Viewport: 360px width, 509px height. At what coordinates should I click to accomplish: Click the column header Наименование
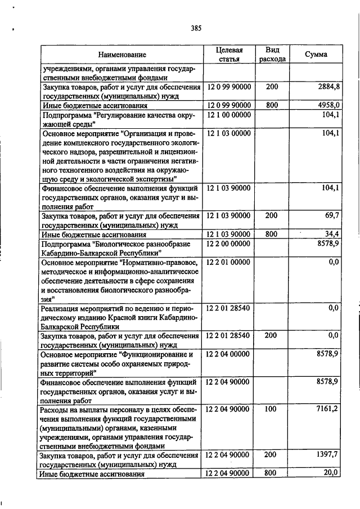(x=122, y=55)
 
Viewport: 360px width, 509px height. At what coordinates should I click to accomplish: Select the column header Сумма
(x=316, y=55)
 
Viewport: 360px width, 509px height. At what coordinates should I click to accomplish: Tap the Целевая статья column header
(x=229, y=55)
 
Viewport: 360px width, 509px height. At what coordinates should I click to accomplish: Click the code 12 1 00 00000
(x=229, y=115)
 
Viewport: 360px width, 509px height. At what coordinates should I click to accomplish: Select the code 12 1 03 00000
(x=229, y=133)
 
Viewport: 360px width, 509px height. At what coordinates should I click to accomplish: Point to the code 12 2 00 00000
(x=229, y=244)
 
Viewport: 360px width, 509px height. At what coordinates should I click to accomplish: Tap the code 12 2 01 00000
(x=229, y=262)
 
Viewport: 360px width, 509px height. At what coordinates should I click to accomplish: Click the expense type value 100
(x=271, y=409)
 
